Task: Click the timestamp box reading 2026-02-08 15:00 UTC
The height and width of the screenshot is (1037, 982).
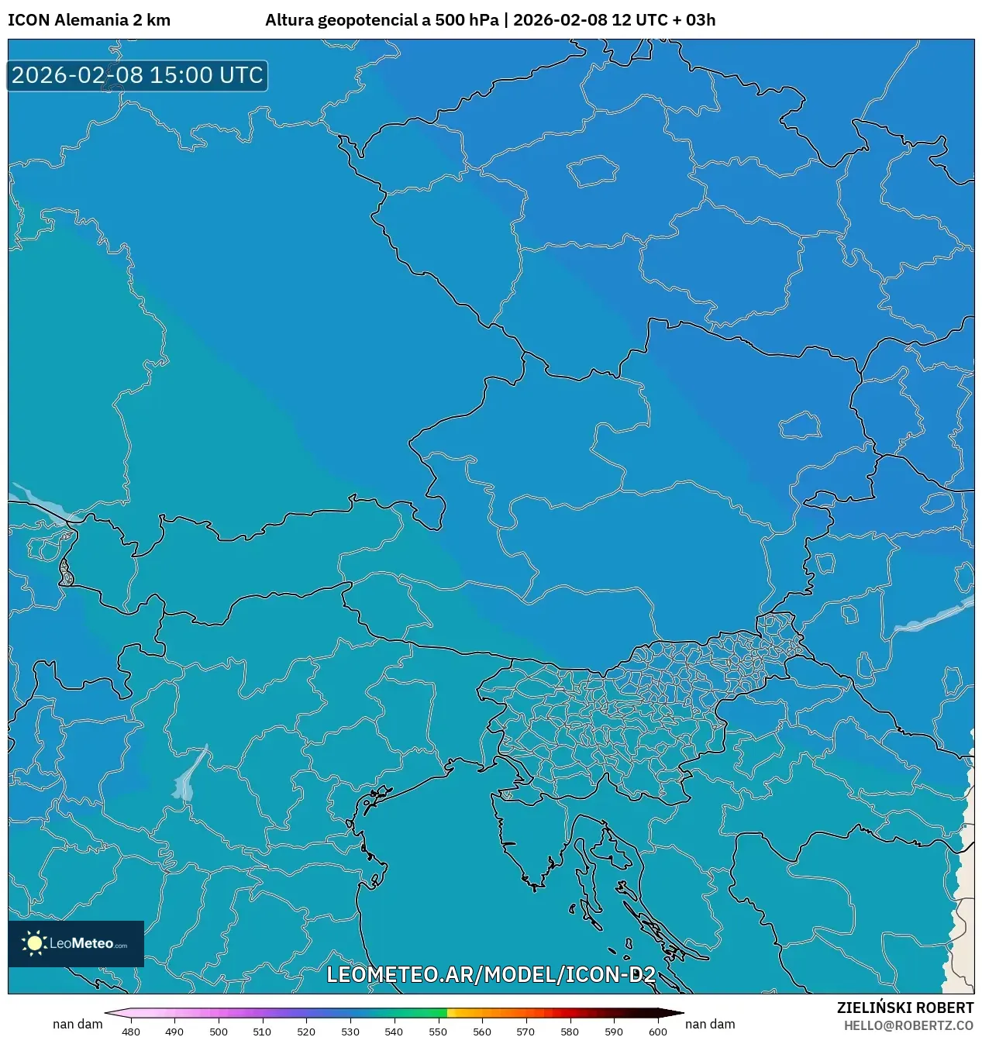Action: point(137,75)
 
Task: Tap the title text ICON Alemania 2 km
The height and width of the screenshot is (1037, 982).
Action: point(89,20)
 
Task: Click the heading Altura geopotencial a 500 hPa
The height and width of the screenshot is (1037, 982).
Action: point(381,20)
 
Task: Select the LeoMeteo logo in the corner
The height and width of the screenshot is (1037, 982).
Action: point(76,943)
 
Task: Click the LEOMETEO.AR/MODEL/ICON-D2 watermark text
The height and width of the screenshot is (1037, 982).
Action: point(491,974)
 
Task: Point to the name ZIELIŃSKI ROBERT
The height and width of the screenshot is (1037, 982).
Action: point(904,1008)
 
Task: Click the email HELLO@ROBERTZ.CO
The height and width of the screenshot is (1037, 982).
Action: point(908,1025)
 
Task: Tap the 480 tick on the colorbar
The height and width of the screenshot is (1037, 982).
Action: point(131,1031)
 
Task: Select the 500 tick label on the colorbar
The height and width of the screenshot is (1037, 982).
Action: point(219,1031)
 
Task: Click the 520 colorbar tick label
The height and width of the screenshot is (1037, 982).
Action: point(306,1031)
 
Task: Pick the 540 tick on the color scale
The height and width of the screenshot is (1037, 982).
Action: point(394,1031)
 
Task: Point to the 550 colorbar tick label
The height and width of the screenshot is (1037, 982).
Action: point(438,1031)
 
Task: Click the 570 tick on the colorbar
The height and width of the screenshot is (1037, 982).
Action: point(525,1031)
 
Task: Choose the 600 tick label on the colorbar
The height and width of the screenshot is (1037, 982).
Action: point(657,1031)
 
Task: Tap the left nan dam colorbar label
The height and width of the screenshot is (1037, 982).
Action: point(78,1024)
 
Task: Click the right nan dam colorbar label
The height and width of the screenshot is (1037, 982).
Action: point(710,1024)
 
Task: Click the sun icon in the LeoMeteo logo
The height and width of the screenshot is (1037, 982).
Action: point(34,943)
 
